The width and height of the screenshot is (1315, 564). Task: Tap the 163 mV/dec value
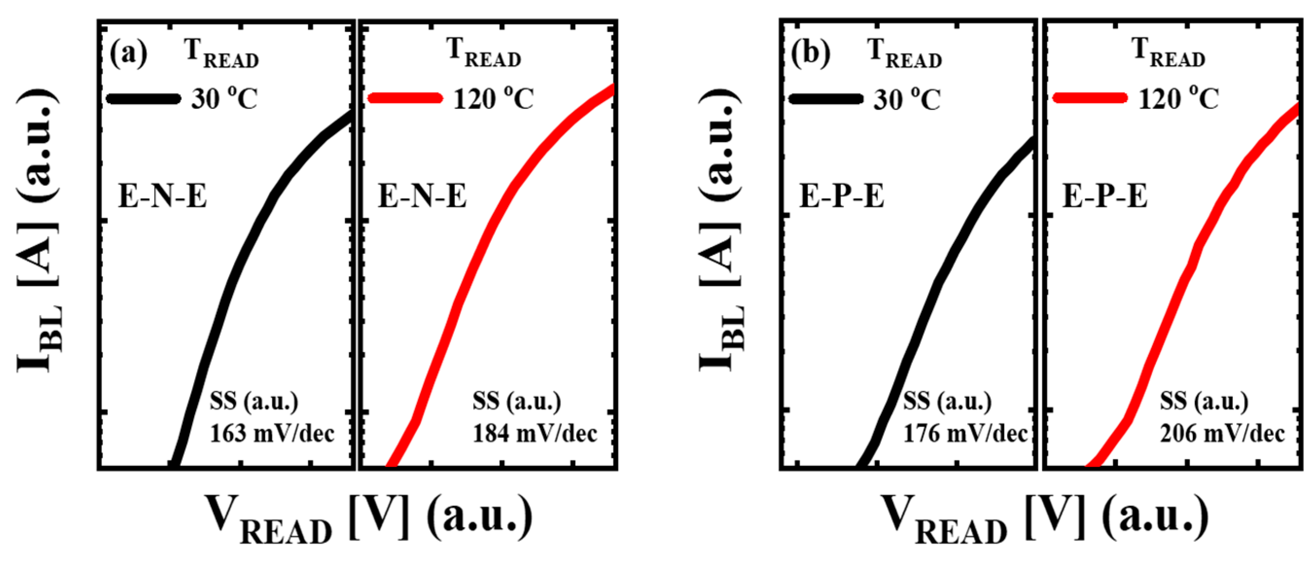pos(272,434)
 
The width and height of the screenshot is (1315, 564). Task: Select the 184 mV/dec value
pos(534,434)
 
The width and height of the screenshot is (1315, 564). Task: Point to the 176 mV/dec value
pos(965,434)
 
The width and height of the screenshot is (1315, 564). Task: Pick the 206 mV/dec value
pos(1222,434)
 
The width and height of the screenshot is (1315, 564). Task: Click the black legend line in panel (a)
pos(144,99)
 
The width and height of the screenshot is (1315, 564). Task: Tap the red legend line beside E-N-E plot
pos(405,98)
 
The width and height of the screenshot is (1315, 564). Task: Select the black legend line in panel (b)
pos(826,99)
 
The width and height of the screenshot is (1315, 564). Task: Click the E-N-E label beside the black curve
pos(162,196)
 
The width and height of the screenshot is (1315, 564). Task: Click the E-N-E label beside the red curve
pos(422,196)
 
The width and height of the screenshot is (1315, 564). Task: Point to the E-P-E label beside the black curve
pos(842,196)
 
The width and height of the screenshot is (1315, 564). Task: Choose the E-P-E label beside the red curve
pos(1105,196)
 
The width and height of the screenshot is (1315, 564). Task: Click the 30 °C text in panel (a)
pos(225,99)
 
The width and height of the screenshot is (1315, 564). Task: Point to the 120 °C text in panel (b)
pos(1179,99)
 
